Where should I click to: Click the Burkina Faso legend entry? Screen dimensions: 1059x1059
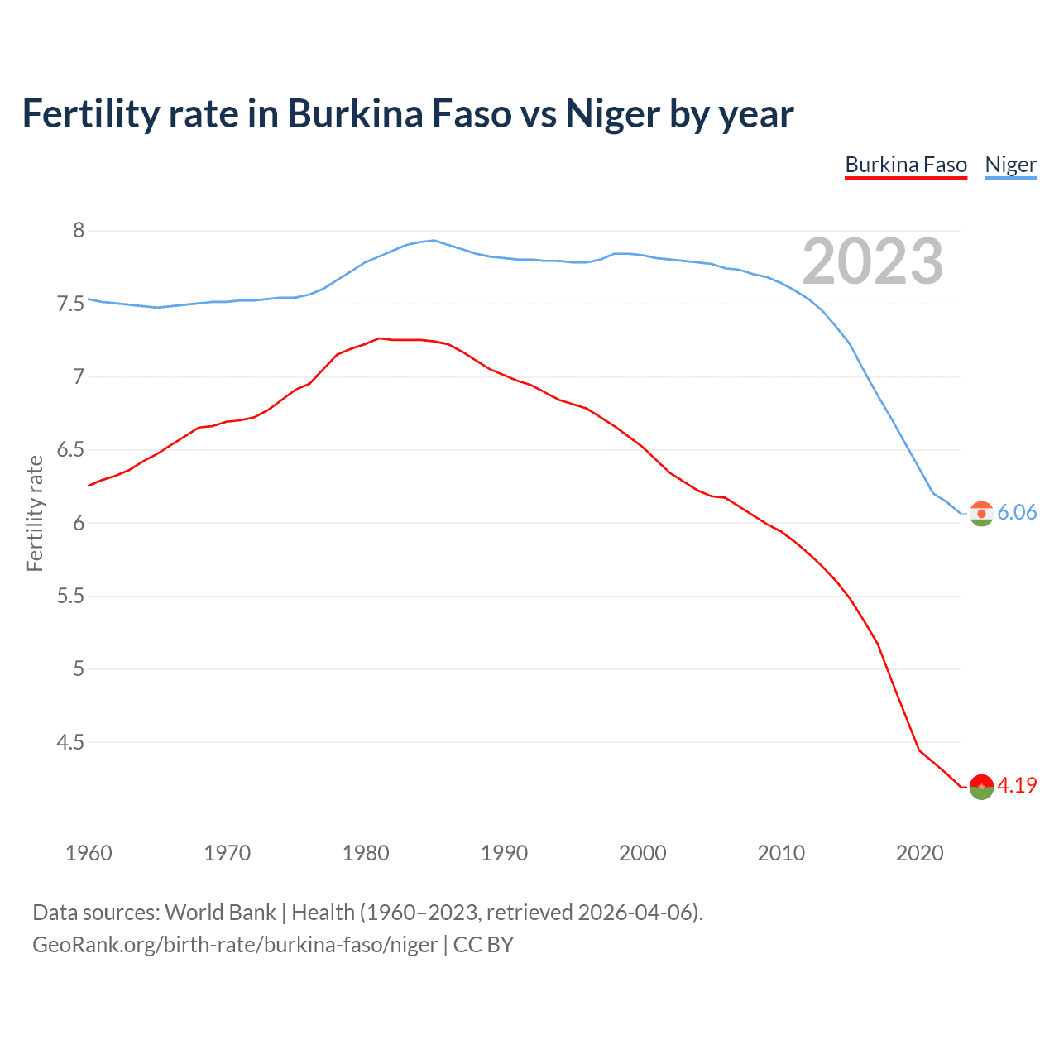[x=906, y=165]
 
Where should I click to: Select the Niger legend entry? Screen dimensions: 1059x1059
[x=1010, y=165]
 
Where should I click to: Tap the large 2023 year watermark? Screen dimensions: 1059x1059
[x=873, y=261]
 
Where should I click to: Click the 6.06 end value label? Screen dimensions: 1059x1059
[x=1017, y=512]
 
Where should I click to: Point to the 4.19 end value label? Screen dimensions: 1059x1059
[x=1017, y=785]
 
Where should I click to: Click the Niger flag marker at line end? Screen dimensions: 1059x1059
[x=981, y=514]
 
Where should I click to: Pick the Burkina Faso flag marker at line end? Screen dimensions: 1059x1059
[x=981, y=787]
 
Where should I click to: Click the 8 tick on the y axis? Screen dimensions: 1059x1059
[x=79, y=231]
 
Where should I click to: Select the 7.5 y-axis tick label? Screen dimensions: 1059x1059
[x=70, y=304]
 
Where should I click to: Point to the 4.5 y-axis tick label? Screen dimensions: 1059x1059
[x=70, y=743]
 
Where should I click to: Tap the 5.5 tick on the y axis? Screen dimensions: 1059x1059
[x=70, y=597]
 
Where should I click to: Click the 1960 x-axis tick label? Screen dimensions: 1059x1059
[x=89, y=853]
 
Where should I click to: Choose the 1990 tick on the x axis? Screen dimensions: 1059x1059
[x=504, y=853]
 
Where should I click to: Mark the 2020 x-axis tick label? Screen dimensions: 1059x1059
[x=919, y=853]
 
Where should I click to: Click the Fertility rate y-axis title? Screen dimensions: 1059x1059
[x=35, y=513]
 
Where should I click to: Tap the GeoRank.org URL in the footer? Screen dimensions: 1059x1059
[x=234, y=944]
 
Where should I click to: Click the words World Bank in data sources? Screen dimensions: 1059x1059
[x=220, y=913]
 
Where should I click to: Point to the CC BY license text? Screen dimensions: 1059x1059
[x=483, y=944]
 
